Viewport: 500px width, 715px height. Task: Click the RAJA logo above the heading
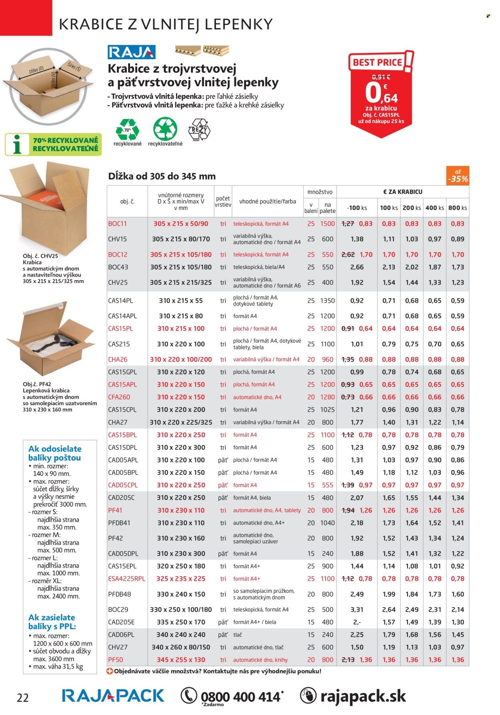pos(131,52)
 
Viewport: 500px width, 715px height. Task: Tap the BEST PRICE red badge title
pos(377,62)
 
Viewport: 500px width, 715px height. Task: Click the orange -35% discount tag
pos(458,176)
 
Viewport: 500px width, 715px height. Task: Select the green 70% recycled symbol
pos(127,129)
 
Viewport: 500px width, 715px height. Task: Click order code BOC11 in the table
pos(117,224)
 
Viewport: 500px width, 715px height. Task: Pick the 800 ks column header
pos(458,208)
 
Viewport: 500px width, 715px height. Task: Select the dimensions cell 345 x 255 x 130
pos(181,660)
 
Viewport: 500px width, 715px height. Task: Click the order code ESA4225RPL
pos(127,578)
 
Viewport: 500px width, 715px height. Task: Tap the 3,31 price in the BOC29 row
pos(357,609)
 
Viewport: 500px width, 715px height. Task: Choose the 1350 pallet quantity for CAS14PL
pos(328,301)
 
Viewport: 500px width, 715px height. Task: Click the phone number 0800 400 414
pos(240,697)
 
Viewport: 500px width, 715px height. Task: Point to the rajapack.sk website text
pos(363,696)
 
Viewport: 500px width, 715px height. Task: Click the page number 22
pos(23,698)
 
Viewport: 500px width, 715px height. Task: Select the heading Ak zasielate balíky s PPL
pos(52,622)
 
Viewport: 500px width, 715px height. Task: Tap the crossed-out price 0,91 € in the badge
pos(381,77)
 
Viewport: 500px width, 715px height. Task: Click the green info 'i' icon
pos(17,145)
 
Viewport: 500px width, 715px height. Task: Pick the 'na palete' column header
pos(328,208)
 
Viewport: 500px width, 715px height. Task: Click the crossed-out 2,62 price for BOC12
pos(348,255)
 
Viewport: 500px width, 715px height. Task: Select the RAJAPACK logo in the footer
pos(113,696)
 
